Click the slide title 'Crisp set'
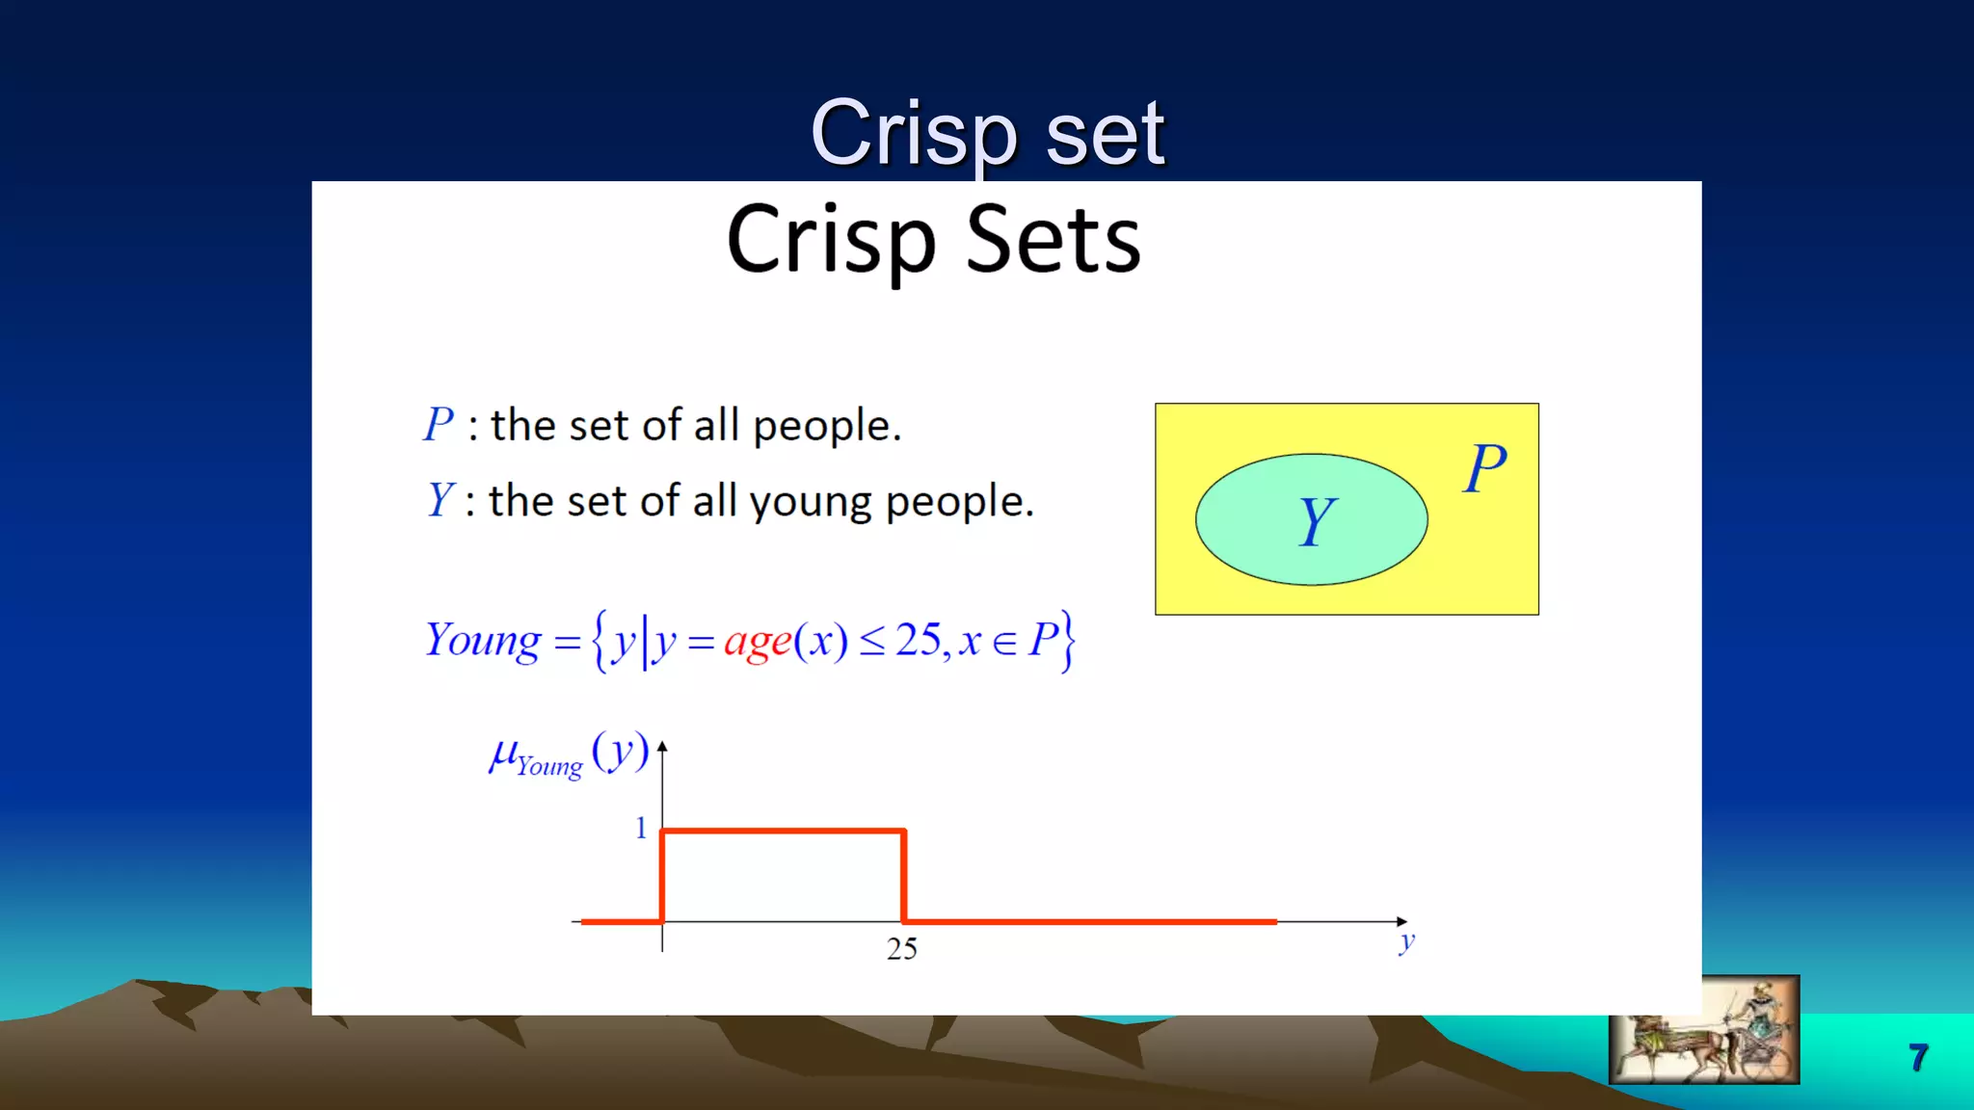(x=987, y=135)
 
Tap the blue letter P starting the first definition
(x=439, y=424)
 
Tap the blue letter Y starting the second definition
(x=440, y=500)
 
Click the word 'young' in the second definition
(x=810, y=502)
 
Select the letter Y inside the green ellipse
(x=1316, y=521)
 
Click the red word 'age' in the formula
(x=758, y=641)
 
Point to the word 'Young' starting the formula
(x=483, y=641)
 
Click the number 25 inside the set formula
(x=917, y=640)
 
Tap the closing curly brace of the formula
(x=1067, y=641)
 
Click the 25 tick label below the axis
(x=901, y=949)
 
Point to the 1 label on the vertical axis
(x=641, y=828)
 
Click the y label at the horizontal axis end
(x=1406, y=941)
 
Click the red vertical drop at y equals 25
(x=903, y=875)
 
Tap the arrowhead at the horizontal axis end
(x=1401, y=921)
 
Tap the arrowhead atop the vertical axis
(x=662, y=747)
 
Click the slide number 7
(x=1918, y=1057)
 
